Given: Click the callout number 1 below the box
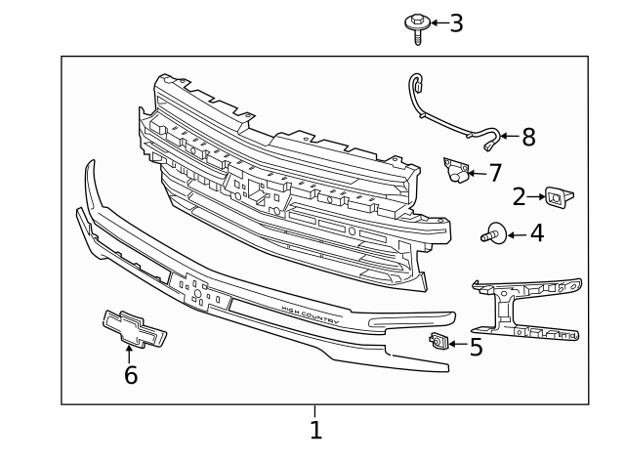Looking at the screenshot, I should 314,430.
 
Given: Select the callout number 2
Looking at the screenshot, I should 520,196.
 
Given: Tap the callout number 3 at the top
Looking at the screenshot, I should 455,23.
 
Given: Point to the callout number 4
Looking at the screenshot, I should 536,234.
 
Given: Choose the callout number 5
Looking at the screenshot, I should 476,347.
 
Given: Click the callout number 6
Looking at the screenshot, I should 130,375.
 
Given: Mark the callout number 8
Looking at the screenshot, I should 528,138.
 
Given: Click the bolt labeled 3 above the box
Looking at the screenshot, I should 417,25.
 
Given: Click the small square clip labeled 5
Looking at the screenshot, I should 438,341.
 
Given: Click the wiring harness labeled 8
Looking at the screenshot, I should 444,112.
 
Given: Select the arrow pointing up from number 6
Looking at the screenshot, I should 129,354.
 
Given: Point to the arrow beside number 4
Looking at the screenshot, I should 515,234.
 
